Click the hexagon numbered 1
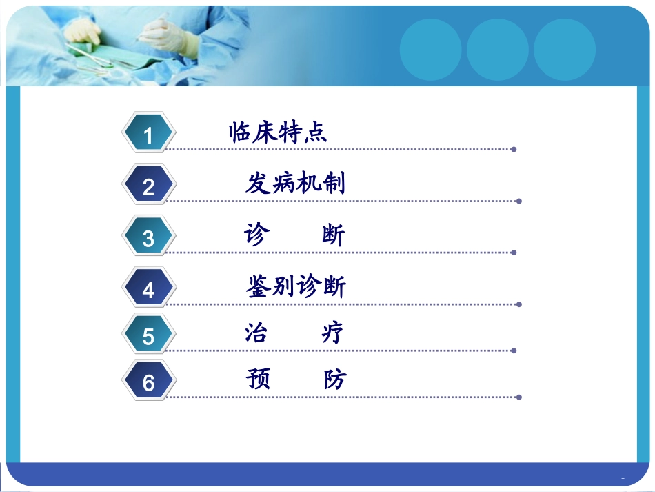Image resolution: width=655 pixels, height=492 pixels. click(148, 135)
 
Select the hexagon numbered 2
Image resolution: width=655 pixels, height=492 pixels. click(148, 186)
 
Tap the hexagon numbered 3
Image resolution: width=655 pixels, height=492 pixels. click(148, 238)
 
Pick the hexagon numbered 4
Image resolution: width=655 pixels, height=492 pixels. click(148, 289)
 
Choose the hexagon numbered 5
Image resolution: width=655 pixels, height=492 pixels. click(148, 336)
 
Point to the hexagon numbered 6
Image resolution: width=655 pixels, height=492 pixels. click(148, 382)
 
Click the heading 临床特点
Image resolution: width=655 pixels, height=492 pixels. click(278, 132)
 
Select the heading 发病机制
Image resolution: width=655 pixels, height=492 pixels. click(295, 184)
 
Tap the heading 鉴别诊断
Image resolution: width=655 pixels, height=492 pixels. click(295, 286)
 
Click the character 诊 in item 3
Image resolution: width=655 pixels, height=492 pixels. click(255, 235)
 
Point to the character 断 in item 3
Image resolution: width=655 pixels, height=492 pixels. click(333, 235)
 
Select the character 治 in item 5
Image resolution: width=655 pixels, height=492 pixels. click(256, 333)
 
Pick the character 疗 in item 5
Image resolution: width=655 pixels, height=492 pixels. click(332, 333)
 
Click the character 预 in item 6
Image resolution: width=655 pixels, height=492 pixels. click(257, 380)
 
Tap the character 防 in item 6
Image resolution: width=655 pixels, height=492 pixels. click(334, 380)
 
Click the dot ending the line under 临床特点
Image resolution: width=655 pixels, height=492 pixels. click(514, 149)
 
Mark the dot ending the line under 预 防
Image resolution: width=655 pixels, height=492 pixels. click(518, 397)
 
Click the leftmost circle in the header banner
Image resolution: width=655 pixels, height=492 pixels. click(431, 50)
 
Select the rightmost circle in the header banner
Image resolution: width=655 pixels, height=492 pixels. click(565, 50)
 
